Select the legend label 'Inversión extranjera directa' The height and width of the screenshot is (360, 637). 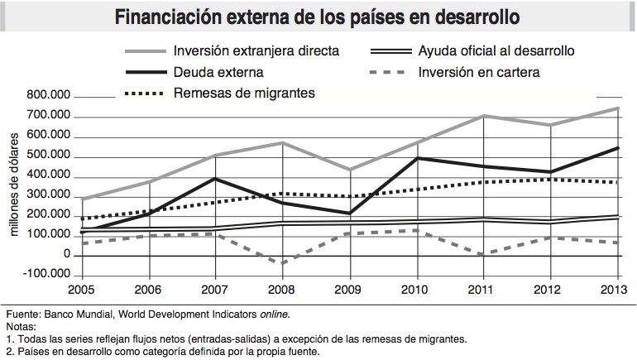coord(256,51)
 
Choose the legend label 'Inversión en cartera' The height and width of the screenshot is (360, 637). coord(480,72)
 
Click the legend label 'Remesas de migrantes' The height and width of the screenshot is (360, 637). coord(245,93)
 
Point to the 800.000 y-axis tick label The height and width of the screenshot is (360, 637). coord(49,97)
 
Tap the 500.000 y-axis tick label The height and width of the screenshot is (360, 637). coord(49,156)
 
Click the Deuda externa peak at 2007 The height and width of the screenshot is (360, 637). coord(215,179)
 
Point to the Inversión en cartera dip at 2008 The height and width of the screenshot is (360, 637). coord(283,263)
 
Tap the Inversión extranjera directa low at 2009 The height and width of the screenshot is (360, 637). coord(350,170)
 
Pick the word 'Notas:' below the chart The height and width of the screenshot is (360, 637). coord(21,327)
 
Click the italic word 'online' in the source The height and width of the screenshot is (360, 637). coord(274,315)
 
